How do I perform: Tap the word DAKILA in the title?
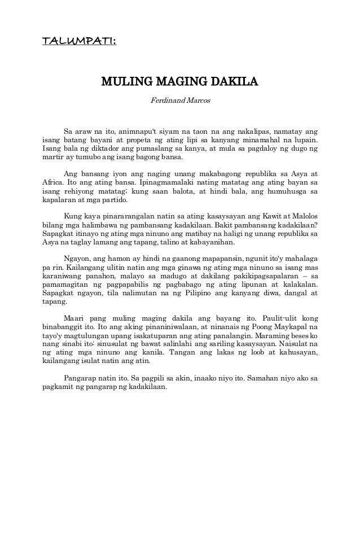coord(234,84)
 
